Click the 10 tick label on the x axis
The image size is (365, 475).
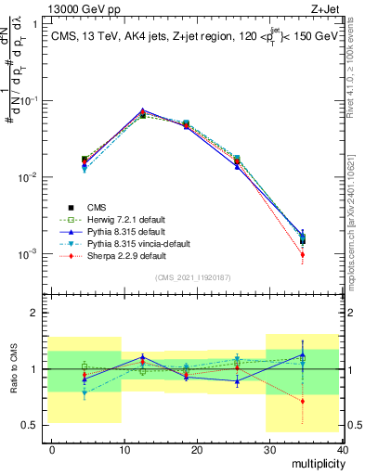tap(124, 449)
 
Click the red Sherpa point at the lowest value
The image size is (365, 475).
tap(329, 254)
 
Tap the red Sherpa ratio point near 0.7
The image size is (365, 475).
tap(329, 402)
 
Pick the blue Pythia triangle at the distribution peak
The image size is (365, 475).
tap(142, 110)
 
